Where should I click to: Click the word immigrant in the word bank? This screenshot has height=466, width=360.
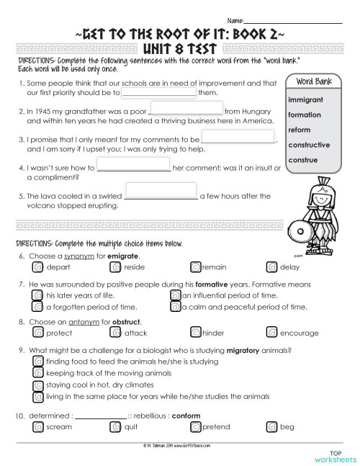305,99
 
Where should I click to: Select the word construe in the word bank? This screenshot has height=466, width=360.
302,159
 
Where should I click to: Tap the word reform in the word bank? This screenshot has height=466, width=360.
299,130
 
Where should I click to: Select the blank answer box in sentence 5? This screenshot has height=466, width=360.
161,191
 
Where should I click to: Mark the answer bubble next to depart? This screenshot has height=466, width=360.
38,267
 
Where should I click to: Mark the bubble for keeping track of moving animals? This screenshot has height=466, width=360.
38,374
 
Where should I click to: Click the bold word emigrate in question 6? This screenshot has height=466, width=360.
123,256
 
